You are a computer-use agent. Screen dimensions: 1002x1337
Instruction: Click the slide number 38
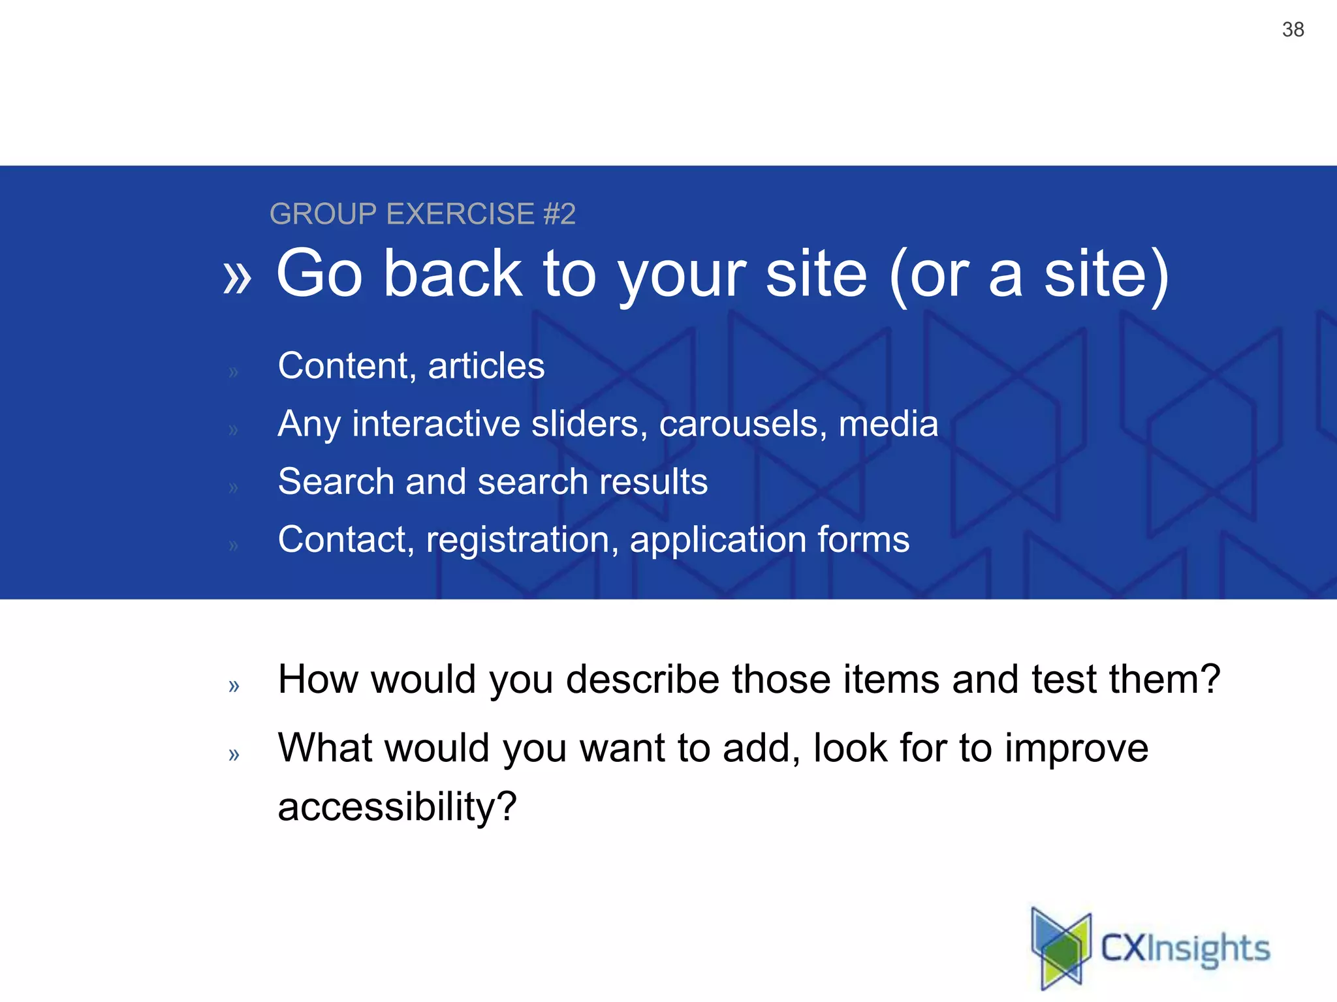[x=1293, y=29]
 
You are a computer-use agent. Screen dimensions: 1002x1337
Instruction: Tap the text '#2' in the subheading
[x=559, y=214]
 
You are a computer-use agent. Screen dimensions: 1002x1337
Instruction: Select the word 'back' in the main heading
[x=452, y=273]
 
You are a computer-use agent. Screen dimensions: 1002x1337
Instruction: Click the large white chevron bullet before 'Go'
[x=236, y=277]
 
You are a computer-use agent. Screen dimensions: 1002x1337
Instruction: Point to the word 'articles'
[x=486, y=365]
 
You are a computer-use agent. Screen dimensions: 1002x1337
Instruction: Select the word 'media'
[x=888, y=424]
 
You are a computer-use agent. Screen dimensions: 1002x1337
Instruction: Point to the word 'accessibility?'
[x=397, y=806]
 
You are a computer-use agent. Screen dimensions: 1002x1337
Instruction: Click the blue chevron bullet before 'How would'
[x=234, y=686]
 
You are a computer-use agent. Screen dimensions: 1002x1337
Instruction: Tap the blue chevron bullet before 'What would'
[x=234, y=754]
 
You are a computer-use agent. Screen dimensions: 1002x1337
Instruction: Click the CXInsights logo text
[x=1185, y=949]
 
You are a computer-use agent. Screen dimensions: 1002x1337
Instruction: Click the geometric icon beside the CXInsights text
[x=1061, y=947]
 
